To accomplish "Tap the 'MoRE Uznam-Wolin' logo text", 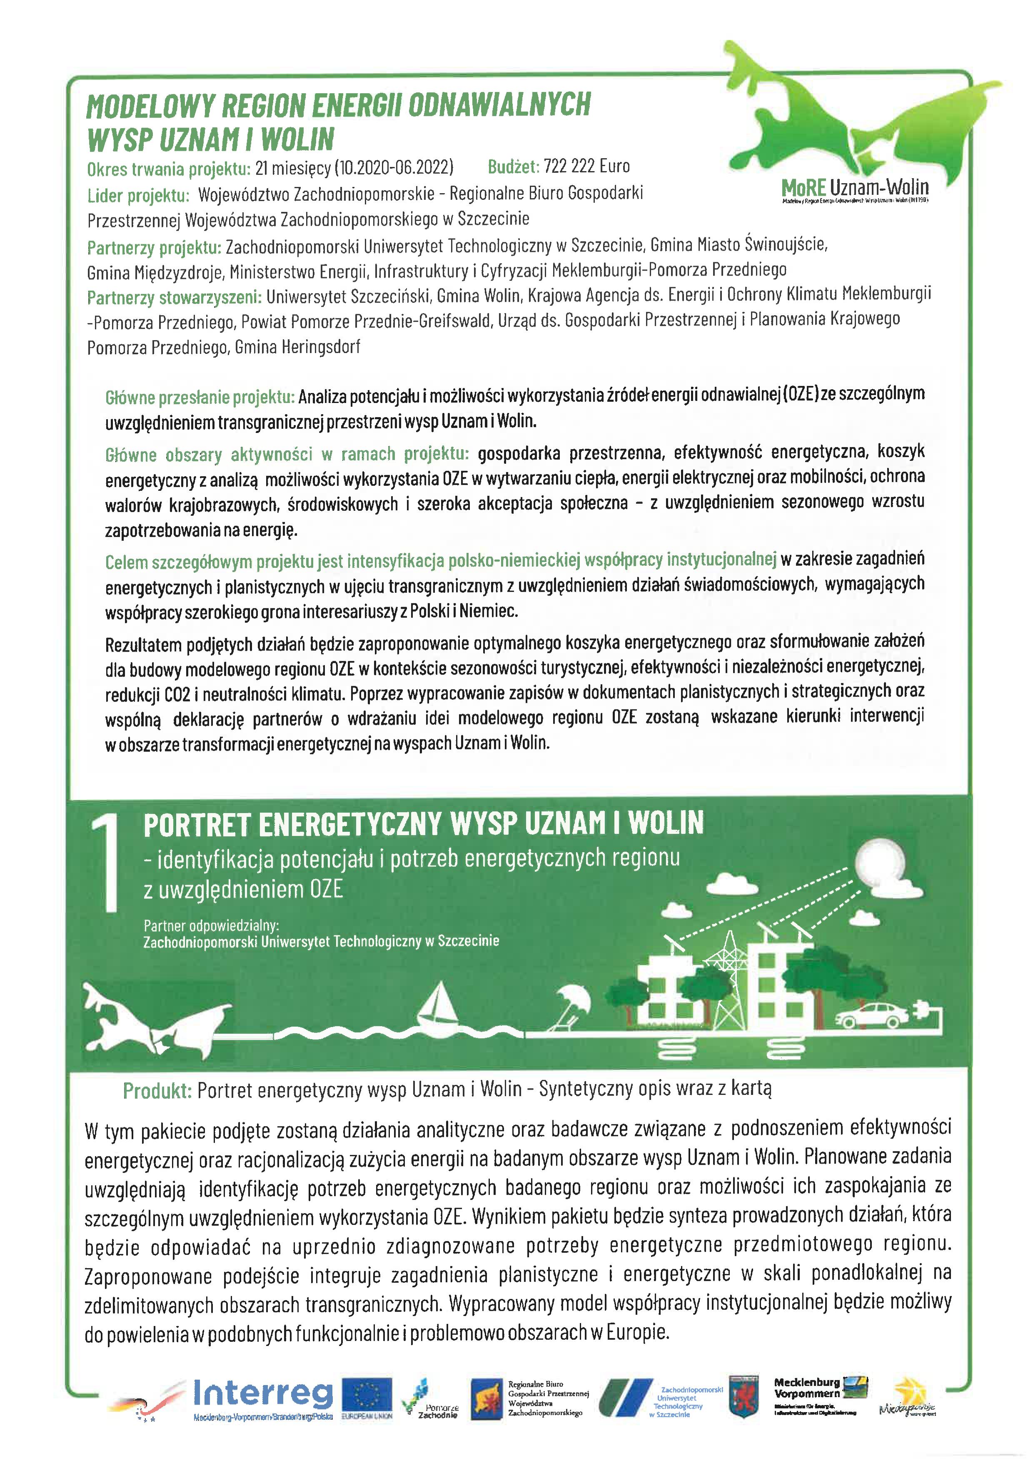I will point(855,188).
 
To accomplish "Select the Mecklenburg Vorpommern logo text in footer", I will point(806,1388).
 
